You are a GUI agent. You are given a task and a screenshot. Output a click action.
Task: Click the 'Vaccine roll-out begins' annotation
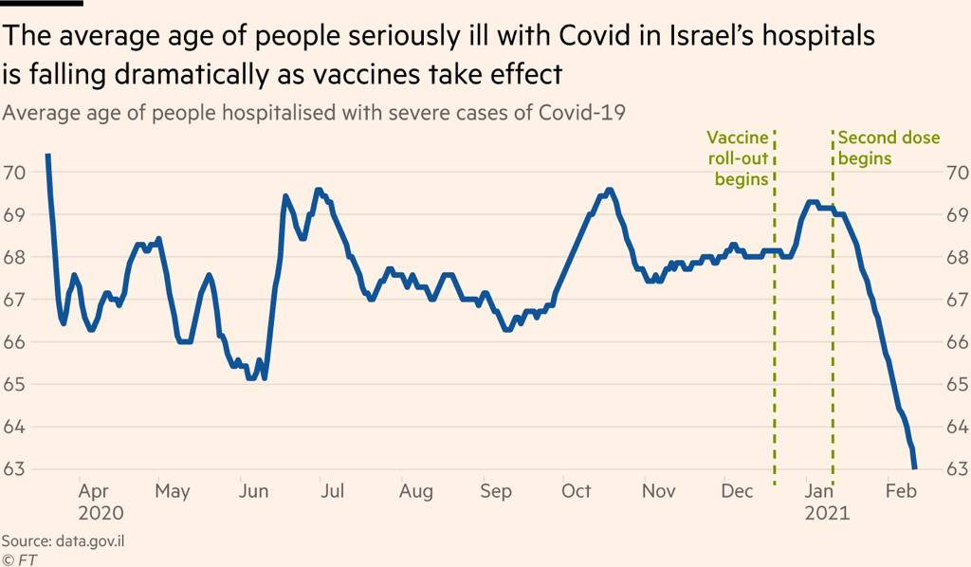pyautogui.click(x=738, y=158)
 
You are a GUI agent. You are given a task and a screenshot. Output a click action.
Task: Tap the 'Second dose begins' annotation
pyautogui.click(x=889, y=148)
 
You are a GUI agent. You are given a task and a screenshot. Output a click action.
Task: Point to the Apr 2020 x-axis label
pyautogui.click(x=100, y=502)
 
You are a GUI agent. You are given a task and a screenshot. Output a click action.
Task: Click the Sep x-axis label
pyautogui.click(x=496, y=491)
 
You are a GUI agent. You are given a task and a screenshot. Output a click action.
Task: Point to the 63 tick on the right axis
pyautogui.click(x=957, y=469)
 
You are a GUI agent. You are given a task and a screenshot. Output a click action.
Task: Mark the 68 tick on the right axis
pyautogui.click(x=957, y=257)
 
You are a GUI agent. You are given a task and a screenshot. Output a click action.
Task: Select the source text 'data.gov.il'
pyautogui.click(x=94, y=540)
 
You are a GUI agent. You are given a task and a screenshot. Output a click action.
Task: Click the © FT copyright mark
pyautogui.click(x=18, y=558)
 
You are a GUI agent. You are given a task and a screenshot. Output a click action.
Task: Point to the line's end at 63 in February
pyautogui.click(x=914, y=467)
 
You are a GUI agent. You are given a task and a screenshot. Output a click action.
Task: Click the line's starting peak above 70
pyautogui.click(x=47, y=155)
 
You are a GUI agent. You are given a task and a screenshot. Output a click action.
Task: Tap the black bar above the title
pyautogui.click(x=42, y=3)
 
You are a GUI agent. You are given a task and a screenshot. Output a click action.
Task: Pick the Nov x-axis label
pyautogui.click(x=658, y=491)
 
